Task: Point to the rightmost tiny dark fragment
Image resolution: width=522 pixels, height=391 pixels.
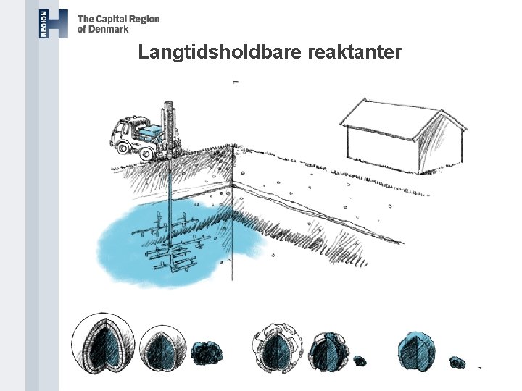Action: (457, 361)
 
